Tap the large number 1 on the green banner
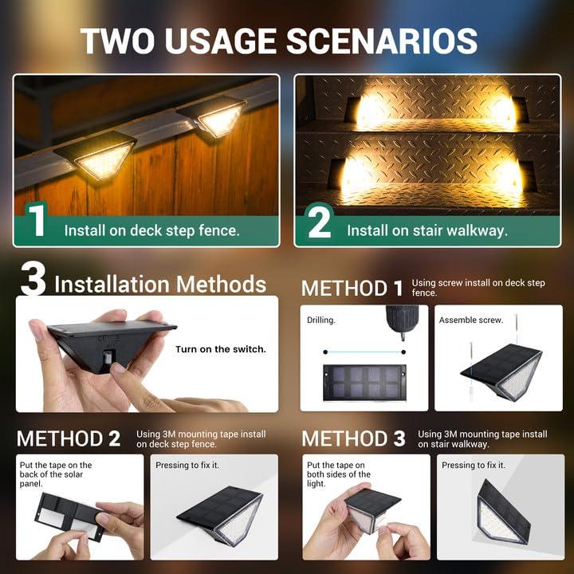pyautogui.click(x=37, y=222)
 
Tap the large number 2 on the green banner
pyautogui.click(x=319, y=222)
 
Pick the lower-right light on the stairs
pyautogui.click(x=508, y=173)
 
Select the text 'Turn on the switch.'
pyautogui.click(x=221, y=349)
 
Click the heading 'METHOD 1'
pyautogui.click(x=352, y=289)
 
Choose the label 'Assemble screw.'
pyautogui.click(x=470, y=320)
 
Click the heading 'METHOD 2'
pyautogui.click(x=69, y=438)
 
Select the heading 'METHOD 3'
pyautogui.click(x=353, y=438)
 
